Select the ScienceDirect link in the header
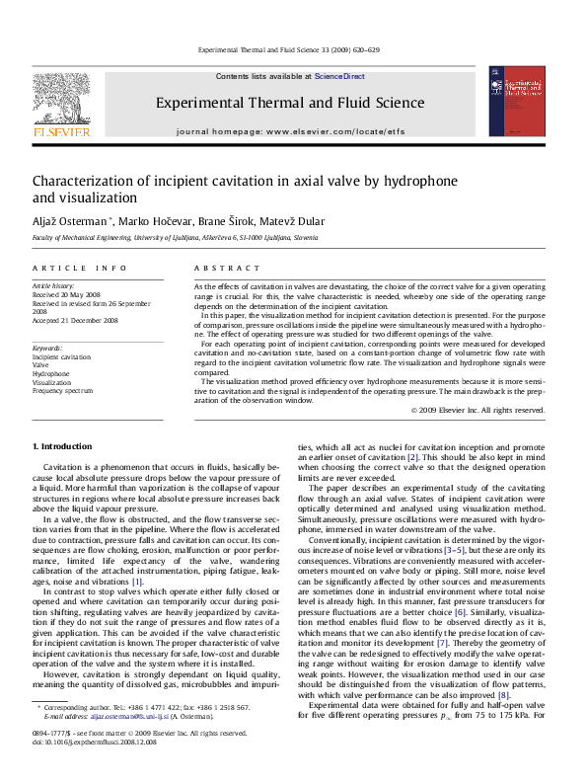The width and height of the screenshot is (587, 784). [339, 76]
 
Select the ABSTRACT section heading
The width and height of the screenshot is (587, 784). [219, 269]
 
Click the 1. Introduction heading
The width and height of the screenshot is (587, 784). [65, 449]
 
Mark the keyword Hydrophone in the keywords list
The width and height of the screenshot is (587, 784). [51, 374]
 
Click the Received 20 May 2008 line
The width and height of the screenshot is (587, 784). [66, 294]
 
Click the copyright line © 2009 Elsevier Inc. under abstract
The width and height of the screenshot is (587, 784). [477, 409]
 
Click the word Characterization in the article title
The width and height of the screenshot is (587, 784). [85, 182]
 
